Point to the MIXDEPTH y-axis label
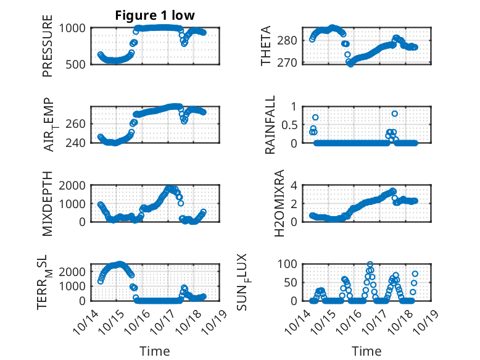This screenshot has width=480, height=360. coord(48,203)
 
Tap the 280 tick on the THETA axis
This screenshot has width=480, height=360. coord(291,40)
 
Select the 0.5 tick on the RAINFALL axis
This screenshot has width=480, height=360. coord(289,124)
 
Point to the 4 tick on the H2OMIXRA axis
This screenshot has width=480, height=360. coord(294,185)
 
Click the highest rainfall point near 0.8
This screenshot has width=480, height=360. coord(395,114)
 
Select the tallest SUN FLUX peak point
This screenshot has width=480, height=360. coord(370,264)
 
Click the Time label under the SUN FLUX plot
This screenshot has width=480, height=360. coord(366,351)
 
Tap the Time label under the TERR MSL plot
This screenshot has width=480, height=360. coord(154,351)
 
